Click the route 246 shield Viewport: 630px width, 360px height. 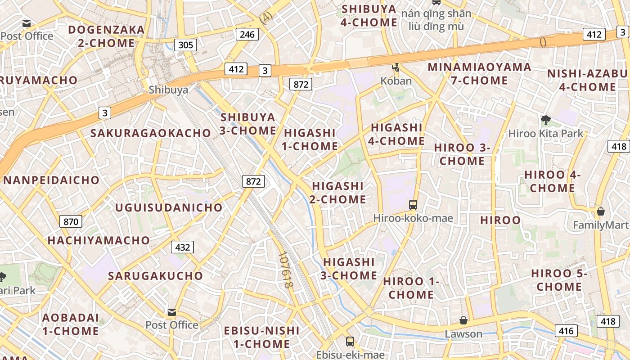[247, 34]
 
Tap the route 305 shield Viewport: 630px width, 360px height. [185, 45]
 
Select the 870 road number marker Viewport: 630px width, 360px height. [71, 221]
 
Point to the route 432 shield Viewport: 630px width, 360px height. [182, 247]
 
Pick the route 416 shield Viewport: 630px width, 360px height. [566, 331]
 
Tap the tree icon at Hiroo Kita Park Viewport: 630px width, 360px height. [545, 120]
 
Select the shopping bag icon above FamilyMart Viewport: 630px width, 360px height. [600, 211]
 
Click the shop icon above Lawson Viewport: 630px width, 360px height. [463, 320]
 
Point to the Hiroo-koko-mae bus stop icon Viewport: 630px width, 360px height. [413, 205]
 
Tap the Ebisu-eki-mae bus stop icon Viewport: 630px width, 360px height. [350, 342]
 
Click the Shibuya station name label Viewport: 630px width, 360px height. [168, 90]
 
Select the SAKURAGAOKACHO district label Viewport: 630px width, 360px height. [151, 133]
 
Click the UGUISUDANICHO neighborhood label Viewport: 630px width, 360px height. [169, 207]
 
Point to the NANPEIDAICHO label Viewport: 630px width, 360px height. [51, 180]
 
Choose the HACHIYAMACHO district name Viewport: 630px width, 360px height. [99, 240]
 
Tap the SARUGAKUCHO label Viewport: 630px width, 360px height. [155, 276]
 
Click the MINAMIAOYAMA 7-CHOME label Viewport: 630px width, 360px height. [479, 74]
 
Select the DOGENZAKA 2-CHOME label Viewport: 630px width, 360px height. [106, 36]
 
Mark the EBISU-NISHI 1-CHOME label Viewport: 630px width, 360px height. [261, 337]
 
